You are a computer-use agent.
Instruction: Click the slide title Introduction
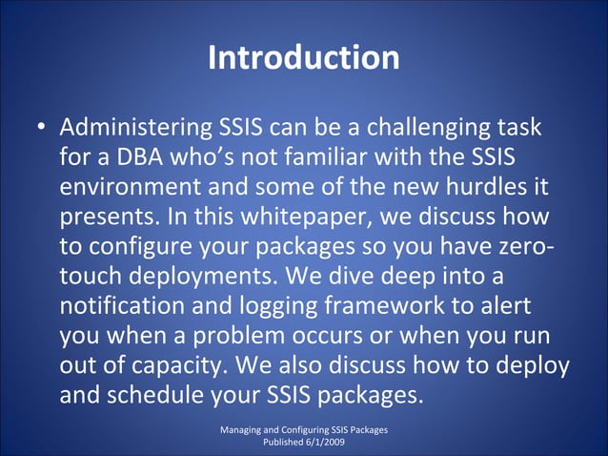pos(303,58)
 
